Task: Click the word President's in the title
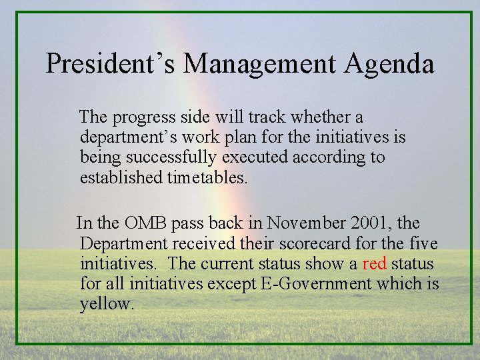coord(111,64)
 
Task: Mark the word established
coord(119,177)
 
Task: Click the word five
coord(423,243)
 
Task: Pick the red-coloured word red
coord(374,263)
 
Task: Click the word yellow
coord(106,304)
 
